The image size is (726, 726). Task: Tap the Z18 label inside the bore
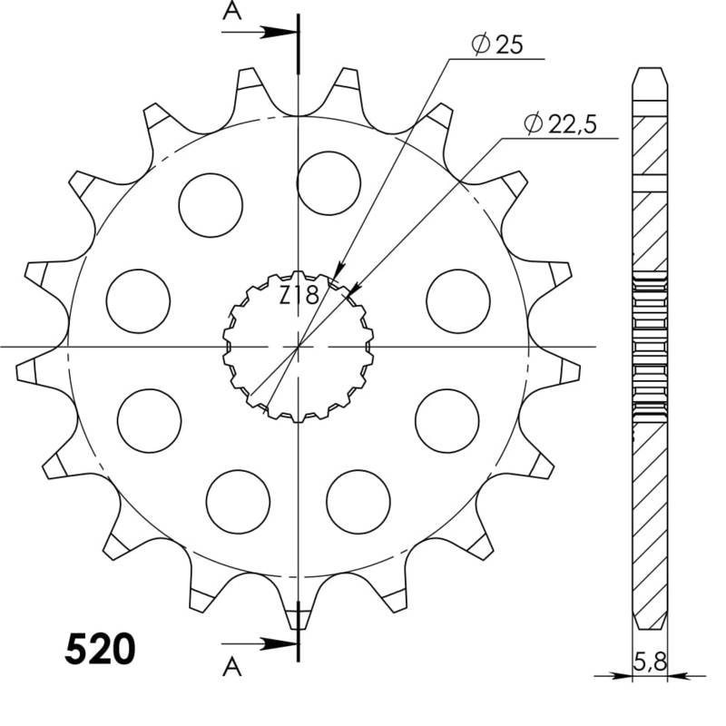pyautogui.click(x=298, y=295)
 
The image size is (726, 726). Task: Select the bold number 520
pyautogui.click(x=101, y=650)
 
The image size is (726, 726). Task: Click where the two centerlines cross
pyautogui.click(x=299, y=347)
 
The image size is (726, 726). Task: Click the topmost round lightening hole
pyautogui.click(x=329, y=182)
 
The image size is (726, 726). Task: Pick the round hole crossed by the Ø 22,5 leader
pyautogui.click(x=457, y=301)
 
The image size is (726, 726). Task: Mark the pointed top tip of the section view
pyautogui.click(x=649, y=69)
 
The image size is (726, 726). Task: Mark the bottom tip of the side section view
pyautogui.click(x=649, y=628)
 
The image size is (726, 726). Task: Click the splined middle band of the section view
pyautogui.click(x=649, y=347)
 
